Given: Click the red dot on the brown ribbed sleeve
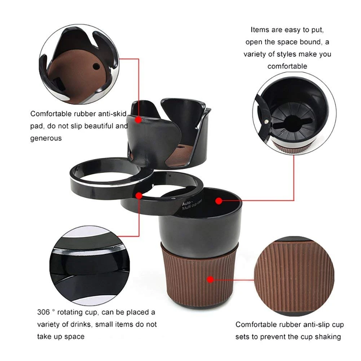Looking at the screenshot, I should [210, 279].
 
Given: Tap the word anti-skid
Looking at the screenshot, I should [111, 114].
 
